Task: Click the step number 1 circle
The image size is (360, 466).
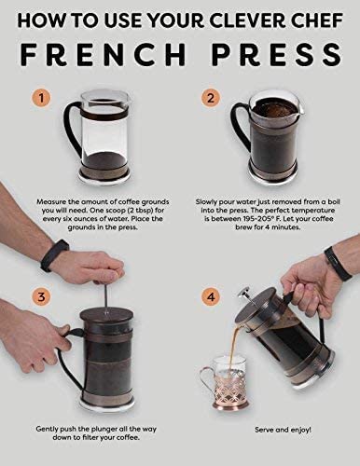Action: coord(39,98)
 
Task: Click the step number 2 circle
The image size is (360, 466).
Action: coord(212,98)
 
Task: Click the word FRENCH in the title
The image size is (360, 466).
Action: coord(103,53)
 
